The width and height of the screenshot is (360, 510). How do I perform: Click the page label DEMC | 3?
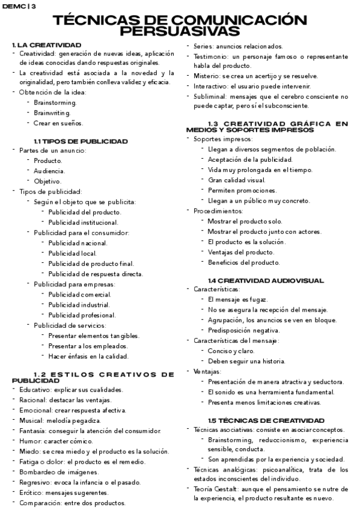tap(19, 6)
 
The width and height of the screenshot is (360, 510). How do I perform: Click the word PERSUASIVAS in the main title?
tap(180, 31)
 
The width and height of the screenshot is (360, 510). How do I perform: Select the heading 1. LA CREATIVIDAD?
tap(46, 45)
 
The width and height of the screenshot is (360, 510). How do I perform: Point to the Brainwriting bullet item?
tap(52, 112)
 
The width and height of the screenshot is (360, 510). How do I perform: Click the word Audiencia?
tap(49, 171)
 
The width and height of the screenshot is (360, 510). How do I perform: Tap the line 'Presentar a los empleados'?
tap(88, 346)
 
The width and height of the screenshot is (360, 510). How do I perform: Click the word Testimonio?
tap(210, 56)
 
